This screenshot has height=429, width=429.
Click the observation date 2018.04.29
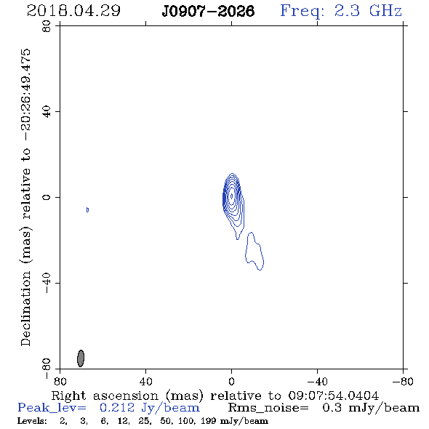tap(73, 11)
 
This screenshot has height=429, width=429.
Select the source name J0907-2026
tap(208, 11)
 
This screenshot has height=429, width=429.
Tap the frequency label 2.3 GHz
tap(368, 11)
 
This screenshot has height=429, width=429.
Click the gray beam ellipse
tap(81, 358)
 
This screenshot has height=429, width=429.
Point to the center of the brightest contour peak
tap(232, 196)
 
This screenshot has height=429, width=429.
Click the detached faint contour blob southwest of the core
tap(254, 251)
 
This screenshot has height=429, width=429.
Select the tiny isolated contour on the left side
tap(87, 210)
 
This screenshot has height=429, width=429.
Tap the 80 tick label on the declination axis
tap(47, 26)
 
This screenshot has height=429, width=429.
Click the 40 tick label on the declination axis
tap(47, 112)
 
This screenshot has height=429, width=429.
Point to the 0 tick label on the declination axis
tap(47, 197)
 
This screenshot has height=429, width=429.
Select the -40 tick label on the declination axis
tap(47, 283)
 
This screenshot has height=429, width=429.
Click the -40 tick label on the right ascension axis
tap(317, 381)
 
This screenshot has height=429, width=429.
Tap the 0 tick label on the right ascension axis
tap(231, 381)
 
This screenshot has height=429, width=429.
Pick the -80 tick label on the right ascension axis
tap(403, 381)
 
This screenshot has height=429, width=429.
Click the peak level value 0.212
tap(117, 408)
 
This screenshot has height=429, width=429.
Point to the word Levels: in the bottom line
tap(32, 421)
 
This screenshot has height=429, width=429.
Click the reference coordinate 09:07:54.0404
tap(333, 396)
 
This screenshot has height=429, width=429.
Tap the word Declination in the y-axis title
tap(25, 308)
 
